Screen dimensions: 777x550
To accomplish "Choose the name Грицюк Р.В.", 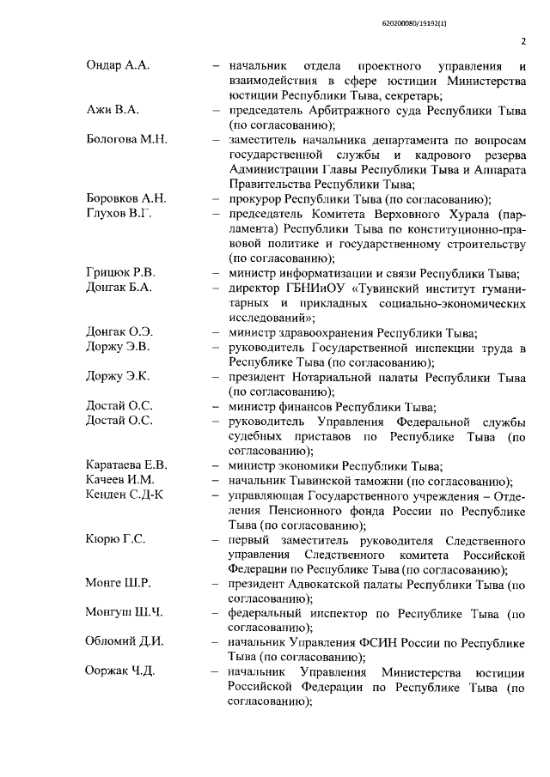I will click(120, 273).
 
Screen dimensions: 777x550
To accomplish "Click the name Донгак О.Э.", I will click(119, 333).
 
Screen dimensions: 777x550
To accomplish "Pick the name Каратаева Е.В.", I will click(126, 465).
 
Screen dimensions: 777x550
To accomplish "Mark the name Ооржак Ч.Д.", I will click(120, 671).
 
